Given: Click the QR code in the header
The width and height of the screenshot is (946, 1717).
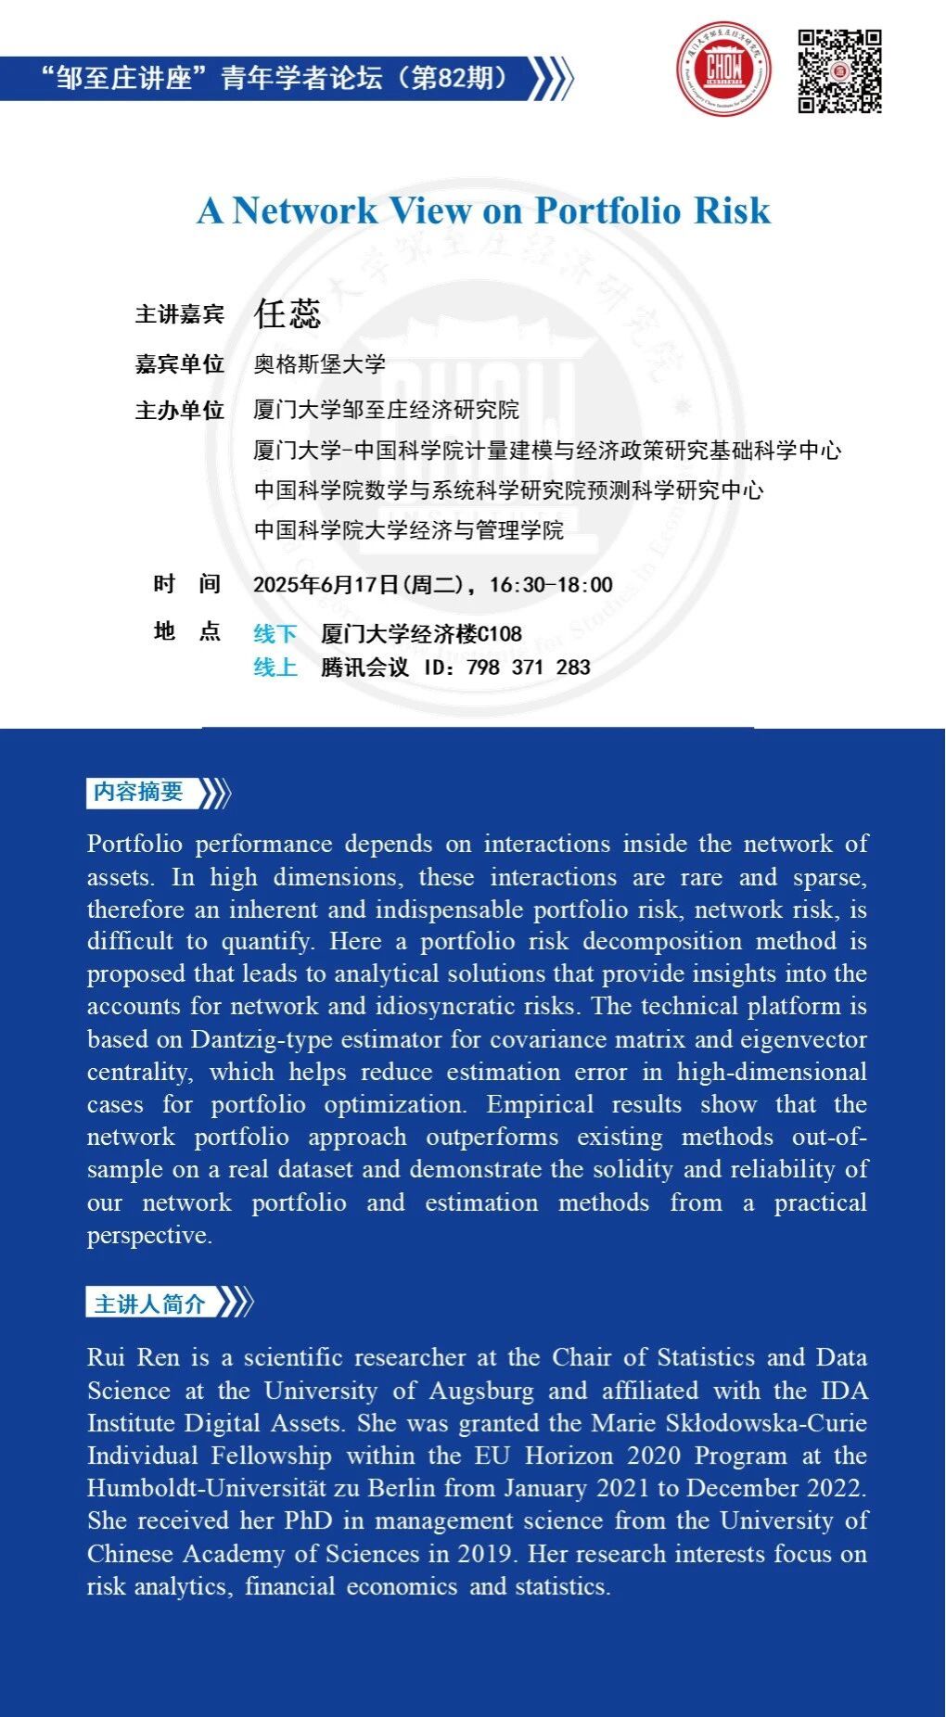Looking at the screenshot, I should point(839,71).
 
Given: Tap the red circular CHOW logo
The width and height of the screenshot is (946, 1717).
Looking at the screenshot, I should point(723,70).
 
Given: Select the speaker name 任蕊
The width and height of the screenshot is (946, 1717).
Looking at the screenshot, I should point(288,313).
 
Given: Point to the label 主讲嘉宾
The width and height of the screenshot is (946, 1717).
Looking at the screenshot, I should point(180,314).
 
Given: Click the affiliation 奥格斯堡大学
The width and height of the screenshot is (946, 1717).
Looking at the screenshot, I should point(320,364).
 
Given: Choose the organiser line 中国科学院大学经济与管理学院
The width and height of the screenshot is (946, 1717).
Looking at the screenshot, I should point(409,530).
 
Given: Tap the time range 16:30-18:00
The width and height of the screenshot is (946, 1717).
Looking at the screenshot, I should point(551,585).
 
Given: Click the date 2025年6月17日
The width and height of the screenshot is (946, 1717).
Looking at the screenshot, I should point(326,585).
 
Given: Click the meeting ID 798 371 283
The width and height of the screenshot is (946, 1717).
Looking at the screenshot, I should point(529,668).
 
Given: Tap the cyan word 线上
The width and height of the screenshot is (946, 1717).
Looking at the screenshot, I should point(275,668).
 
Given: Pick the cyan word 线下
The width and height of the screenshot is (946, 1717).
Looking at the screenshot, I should point(275,634).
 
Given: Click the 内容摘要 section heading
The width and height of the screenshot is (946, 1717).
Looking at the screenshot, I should point(139,792).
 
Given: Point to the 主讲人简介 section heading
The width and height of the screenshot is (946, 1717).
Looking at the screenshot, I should point(150,1304).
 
